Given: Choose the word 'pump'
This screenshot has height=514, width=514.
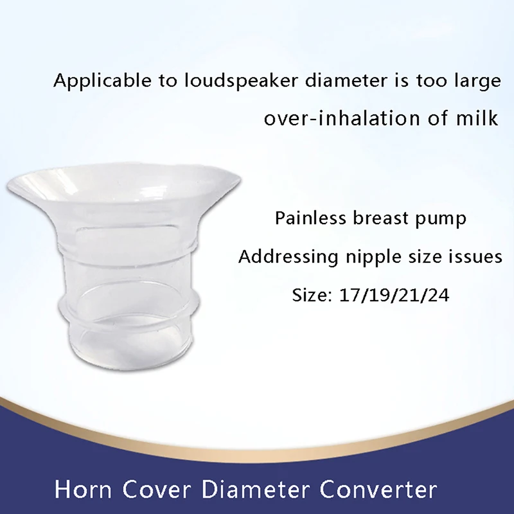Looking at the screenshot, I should tap(443, 220).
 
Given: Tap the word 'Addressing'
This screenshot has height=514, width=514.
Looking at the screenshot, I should tap(288, 258).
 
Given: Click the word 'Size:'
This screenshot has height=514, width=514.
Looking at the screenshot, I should tap(312, 296).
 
